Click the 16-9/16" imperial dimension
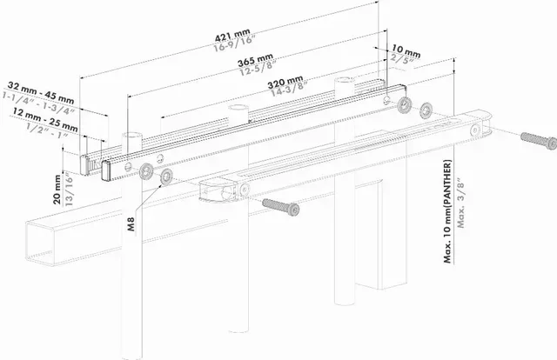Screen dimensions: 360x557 (x=234, y=49)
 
